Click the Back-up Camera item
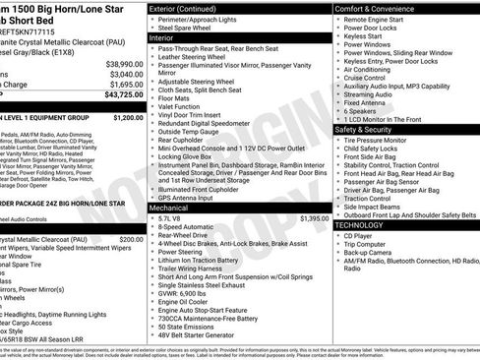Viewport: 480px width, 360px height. pyautogui.click(x=374, y=253)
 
